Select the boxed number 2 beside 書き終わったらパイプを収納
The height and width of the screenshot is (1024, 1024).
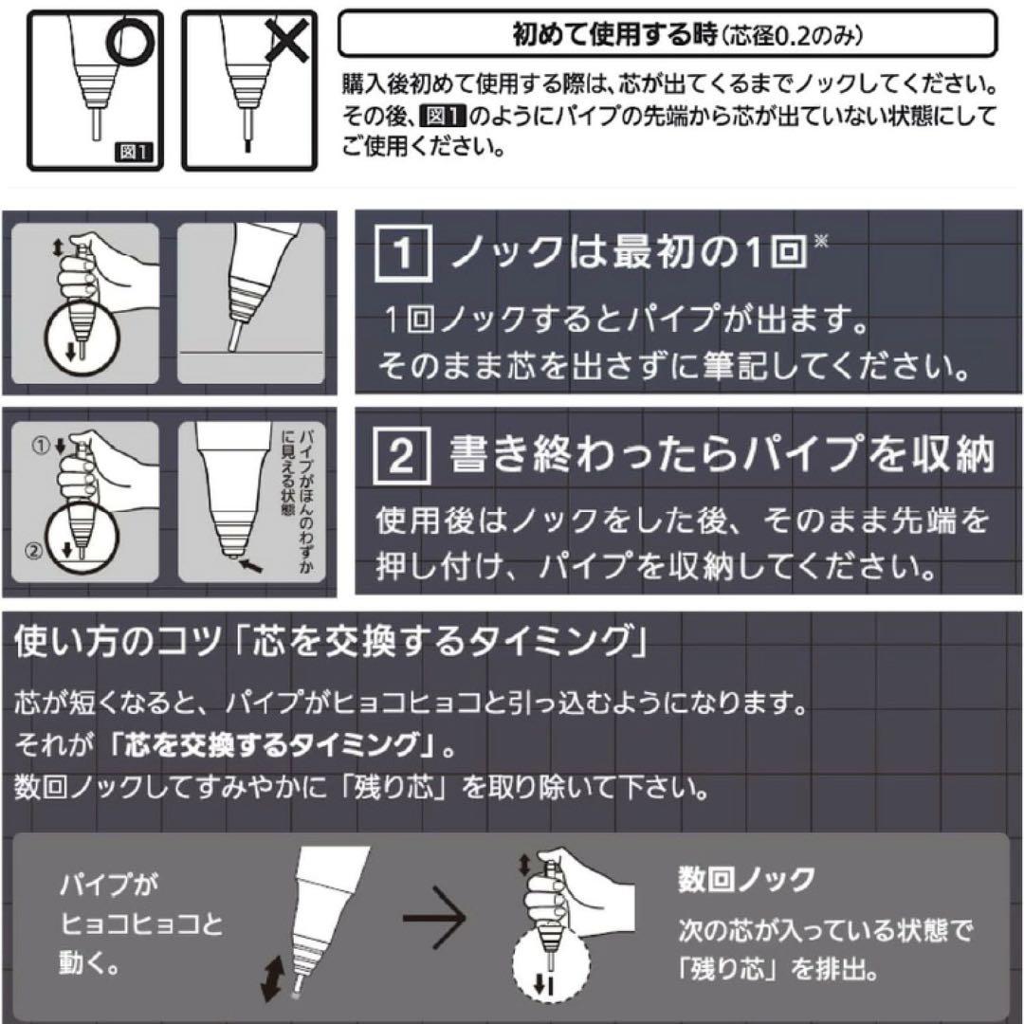[x=402, y=455]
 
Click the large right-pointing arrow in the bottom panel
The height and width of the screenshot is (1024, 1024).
[x=434, y=919]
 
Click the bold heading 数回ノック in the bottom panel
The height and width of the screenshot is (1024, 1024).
[x=745, y=880]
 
